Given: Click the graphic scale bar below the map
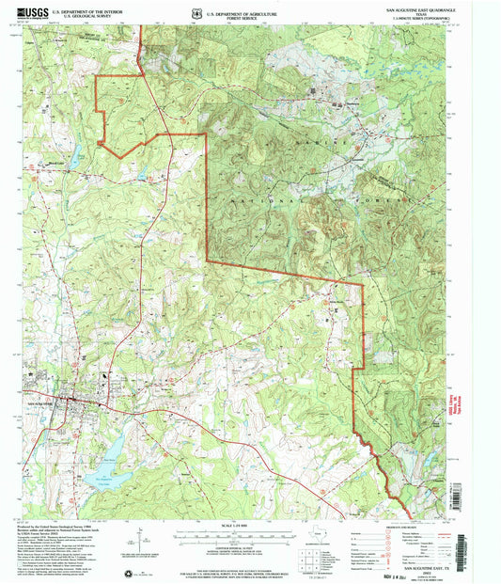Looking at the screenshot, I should point(249,532).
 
